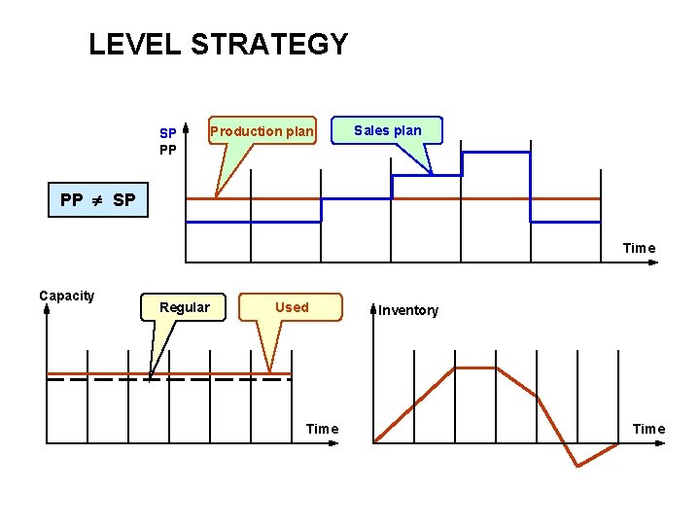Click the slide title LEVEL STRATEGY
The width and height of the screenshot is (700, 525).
[x=218, y=45]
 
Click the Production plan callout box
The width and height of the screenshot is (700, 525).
[x=262, y=130]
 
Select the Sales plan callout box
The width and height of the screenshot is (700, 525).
[x=387, y=130]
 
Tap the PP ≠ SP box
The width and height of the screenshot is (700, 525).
[x=98, y=200]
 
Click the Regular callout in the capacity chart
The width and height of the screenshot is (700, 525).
[x=185, y=307]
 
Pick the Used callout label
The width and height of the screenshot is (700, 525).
[x=292, y=307]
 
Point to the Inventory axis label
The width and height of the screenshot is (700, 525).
[x=408, y=311]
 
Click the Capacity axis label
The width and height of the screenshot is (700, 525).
[x=67, y=296]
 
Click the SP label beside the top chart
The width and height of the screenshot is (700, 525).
[x=168, y=132]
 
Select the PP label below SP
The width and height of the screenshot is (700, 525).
[x=168, y=150]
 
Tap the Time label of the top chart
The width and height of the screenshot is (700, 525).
[x=639, y=248]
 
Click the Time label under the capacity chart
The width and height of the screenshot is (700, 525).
[x=322, y=429]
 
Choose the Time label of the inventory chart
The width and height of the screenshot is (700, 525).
[x=648, y=429]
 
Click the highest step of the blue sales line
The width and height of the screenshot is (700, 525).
[x=496, y=153]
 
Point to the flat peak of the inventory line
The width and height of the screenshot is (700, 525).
[x=475, y=368]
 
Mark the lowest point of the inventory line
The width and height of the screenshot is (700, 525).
[x=577, y=466]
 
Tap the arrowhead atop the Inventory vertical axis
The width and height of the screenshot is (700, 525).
[x=373, y=310]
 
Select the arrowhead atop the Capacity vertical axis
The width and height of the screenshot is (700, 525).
[x=47, y=310]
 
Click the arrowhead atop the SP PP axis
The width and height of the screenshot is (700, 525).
[x=185, y=125]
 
